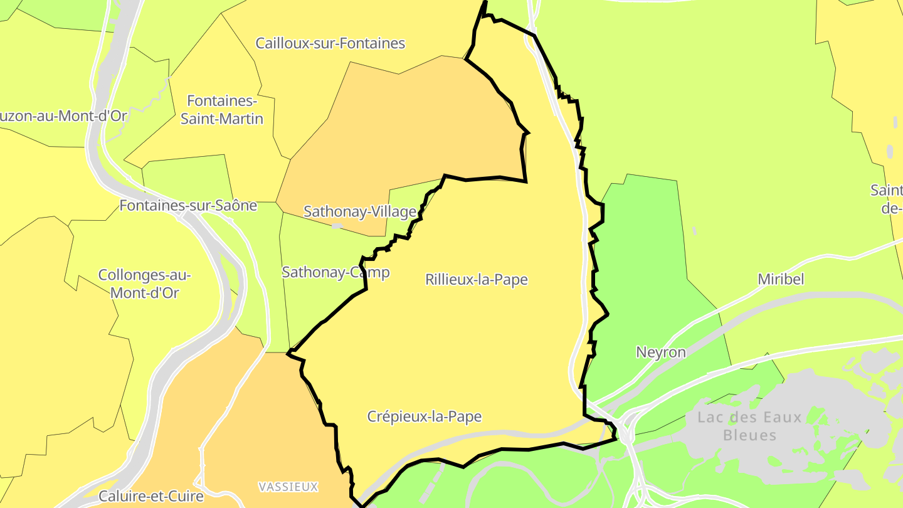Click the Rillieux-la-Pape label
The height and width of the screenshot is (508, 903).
tap(477, 280)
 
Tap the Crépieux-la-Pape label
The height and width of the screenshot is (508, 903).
tap(425, 416)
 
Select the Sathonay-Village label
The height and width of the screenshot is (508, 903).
tap(360, 211)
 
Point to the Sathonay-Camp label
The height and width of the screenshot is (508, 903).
tap(335, 272)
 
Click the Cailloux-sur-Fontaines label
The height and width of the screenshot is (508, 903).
tap(330, 43)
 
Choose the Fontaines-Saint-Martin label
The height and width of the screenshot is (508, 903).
tap(222, 110)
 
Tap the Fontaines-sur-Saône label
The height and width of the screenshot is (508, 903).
tap(188, 205)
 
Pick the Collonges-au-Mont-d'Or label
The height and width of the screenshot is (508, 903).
tap(145, 283)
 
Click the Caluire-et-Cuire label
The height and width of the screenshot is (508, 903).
tap(151, 496)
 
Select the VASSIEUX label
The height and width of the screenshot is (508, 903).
tap(288, 487)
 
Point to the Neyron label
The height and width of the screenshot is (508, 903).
tap(661, 352)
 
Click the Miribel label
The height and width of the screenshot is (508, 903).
tap(781, 279)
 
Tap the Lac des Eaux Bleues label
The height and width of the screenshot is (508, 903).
tap(750, 426)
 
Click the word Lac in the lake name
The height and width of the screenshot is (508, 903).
tap(710, 417)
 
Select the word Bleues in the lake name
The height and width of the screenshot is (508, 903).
tap(750, 435)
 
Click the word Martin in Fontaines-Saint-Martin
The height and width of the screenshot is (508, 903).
tap(242, 119)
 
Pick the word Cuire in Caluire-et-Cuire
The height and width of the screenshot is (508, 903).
tap(184, 496)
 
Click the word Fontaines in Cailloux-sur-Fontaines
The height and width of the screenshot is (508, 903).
tap(372, 43)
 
